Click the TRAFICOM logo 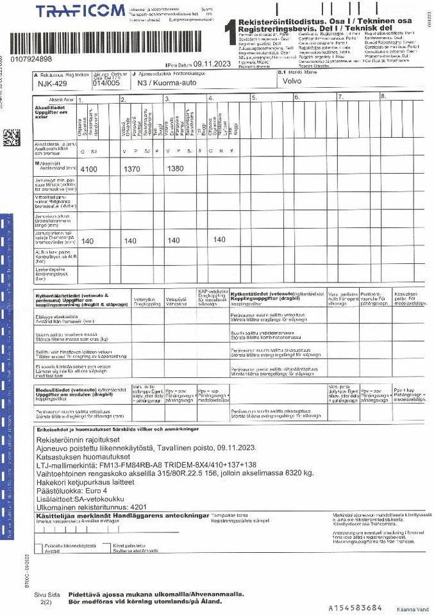click(80, 12)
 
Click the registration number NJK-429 click(52, 83)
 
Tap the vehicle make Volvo click(292, 81)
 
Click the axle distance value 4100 click(88, 169)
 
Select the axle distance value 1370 click(131, 169)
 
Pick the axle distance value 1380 click(175, 169)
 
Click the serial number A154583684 click(355, 607)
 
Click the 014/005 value click(106, 83)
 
